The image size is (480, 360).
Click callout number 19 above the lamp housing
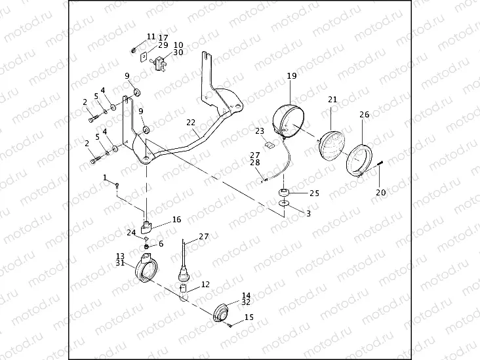(292, 76)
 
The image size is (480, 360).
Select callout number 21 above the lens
(332, 99)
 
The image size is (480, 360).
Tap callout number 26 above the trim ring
(365, 114)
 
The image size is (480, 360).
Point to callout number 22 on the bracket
(190, 122)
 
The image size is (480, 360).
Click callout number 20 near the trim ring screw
(380, 192)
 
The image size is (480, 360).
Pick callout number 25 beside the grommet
(314, 193)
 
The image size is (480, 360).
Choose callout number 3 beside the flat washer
(309, 213)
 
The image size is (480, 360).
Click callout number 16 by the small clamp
(176, 220)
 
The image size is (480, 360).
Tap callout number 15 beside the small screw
(249, 317)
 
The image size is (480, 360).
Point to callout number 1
(105, 177)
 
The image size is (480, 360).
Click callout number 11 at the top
(151, 37)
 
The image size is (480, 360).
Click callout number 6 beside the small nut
(161, 243)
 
